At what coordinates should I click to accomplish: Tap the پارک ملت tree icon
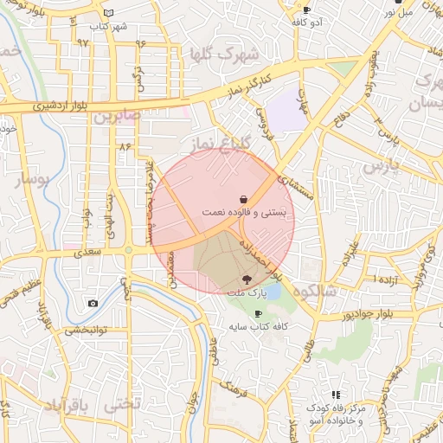[x=247, y=279]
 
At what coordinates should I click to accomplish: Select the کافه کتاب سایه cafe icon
[x=257, y=313]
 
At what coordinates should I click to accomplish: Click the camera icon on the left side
[x=93, y=304]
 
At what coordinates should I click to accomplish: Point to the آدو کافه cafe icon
[x=306, y=10]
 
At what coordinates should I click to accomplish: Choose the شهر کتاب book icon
[x=108, y=13]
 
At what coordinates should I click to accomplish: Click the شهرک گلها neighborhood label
[x=228, y=55]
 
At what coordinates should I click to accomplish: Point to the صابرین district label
[x=117, y=115]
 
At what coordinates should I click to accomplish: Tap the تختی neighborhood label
[x=121, y=404]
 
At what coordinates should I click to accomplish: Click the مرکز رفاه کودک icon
[x=335, y=395]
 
